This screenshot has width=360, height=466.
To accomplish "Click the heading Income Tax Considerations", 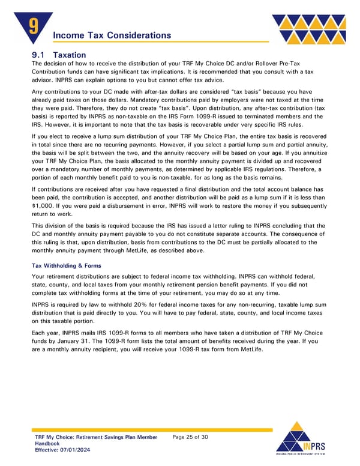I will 112,35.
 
